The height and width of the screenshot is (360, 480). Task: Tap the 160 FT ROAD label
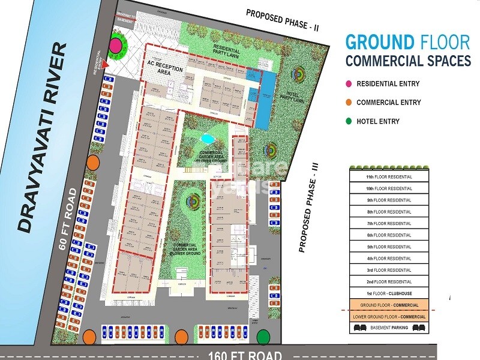(x=245, y=354)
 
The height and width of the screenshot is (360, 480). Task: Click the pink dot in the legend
(x=348, y=84)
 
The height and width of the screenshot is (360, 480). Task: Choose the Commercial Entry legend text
(x=388, y=103)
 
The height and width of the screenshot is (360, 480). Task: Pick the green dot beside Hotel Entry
(x=348, y=121)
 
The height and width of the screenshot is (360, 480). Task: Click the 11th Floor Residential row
(x=388, y=177)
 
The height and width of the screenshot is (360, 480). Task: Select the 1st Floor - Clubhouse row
(x=388, y=293)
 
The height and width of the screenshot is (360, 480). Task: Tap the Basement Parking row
(x=388, y=328)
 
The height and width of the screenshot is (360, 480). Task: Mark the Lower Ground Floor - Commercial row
(x=388, y=317)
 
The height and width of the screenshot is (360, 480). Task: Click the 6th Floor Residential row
(x=388, y=235)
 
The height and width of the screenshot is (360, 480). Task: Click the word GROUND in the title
(x=380, y=42)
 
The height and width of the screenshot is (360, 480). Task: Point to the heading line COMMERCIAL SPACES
(x=407, y=61)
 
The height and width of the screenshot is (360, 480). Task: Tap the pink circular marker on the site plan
(x=116, y=45)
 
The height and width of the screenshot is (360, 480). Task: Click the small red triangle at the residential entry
(x=106, y=63)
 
